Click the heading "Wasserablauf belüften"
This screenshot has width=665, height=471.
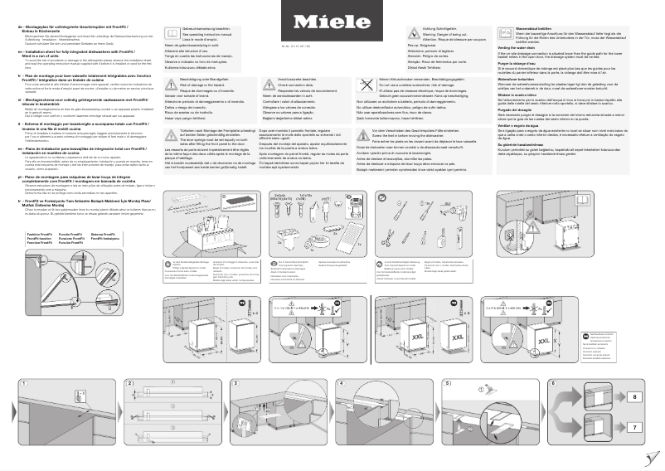point(519,27)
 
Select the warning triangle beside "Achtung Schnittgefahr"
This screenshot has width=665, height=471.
point(413,32)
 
